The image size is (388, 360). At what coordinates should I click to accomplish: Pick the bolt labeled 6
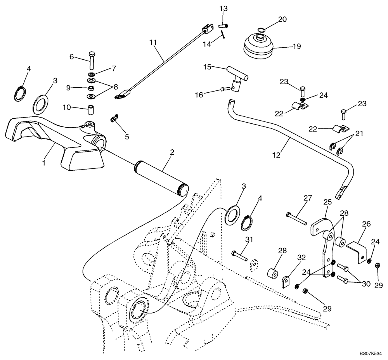click(91, 60)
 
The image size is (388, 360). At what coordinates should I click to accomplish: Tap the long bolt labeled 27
click(297, 218)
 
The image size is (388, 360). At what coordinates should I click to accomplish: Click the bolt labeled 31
click(239, 256)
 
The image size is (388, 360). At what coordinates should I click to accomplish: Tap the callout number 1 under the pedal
click(44, 163)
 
